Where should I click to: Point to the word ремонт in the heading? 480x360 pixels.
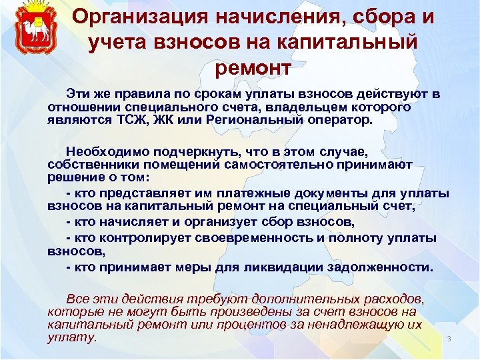(x=253, y=66)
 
